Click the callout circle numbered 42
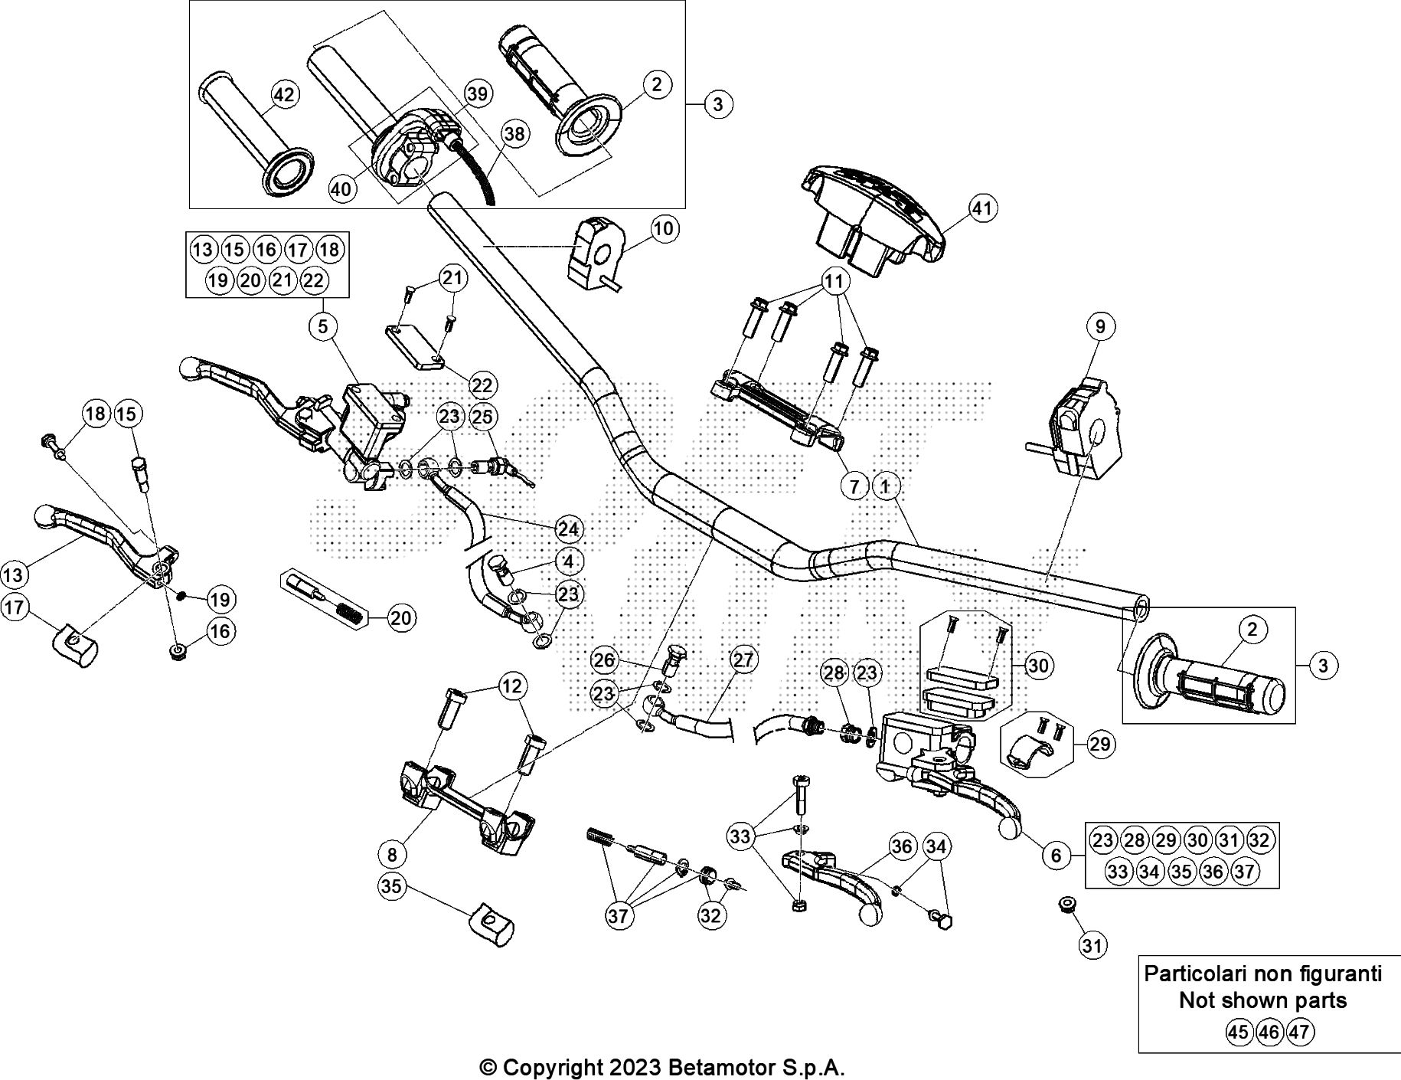(283, 95)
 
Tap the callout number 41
(982, 208)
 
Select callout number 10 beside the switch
(663, 228)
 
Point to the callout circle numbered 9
(1099, 326)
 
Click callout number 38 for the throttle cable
(515, 134)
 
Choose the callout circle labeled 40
(343, 188)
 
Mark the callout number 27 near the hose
(742, 659)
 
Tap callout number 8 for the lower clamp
(393, 852)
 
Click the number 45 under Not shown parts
(1238, 1032)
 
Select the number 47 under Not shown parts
(1299, 1032)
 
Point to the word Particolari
(1194, 974)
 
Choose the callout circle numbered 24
(568, 529)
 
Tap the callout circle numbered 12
(512, 686)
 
